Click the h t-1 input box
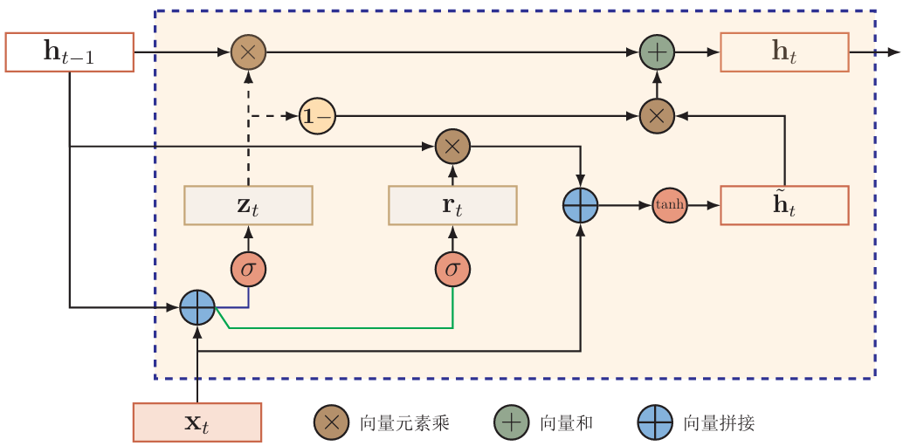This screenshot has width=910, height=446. tap(69, 52)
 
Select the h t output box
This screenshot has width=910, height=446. tap(784, 52)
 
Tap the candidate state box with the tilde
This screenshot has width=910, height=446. tap(784, 205)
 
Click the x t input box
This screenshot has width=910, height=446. tap(197, 422)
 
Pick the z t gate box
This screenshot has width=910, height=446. tap(248, 205)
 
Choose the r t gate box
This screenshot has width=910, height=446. tap(452, 205)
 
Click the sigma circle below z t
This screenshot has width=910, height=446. tap(248, 269)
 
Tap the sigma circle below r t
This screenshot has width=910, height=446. tap(452, 269)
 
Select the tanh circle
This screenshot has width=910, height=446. tap(670, 205)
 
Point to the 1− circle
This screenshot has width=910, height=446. tap(317, 116)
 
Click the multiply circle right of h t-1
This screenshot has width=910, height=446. tap(248, 52)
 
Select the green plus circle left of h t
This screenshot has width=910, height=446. tap(657, 52)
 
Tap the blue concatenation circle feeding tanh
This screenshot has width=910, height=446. tap(580, 205)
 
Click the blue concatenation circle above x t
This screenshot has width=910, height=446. tap(197, 307)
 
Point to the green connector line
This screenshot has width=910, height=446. tap(341, 328)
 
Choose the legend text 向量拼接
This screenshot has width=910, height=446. tap(719, 423)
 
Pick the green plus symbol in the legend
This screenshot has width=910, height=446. tap(511, 422)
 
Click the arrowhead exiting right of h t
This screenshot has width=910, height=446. tap(893, 52)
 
